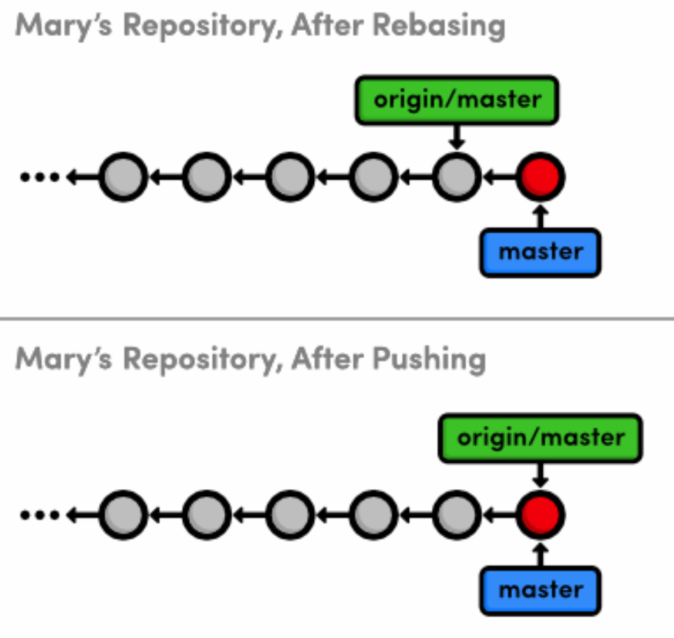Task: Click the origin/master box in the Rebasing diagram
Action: (457, 101)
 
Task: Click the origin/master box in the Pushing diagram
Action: (541, 438)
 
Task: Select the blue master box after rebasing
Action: (541, 252)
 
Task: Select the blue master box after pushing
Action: (541, 590)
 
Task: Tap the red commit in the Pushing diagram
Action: (541, 516)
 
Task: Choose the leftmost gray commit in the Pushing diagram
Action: (123, 516)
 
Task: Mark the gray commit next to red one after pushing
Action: (457, 516)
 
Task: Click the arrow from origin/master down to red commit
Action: (541, 475)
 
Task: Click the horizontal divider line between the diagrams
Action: (337, 319)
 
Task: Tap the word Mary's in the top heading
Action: (60, 27)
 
